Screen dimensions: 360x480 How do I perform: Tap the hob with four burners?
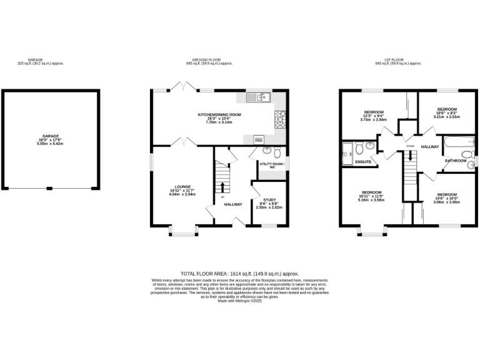279,116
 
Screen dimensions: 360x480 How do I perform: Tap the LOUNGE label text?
182,186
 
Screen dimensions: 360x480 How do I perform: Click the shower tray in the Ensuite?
347,151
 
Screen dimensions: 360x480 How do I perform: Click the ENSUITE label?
363,162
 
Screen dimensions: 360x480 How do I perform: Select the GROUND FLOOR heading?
209,60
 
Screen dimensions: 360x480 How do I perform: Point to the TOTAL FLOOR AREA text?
239,274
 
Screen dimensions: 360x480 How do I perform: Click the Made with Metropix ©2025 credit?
239,301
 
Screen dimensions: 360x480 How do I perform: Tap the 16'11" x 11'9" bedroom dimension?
372,197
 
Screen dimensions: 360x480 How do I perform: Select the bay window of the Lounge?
182,234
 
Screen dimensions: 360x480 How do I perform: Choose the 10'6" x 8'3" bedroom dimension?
447,112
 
